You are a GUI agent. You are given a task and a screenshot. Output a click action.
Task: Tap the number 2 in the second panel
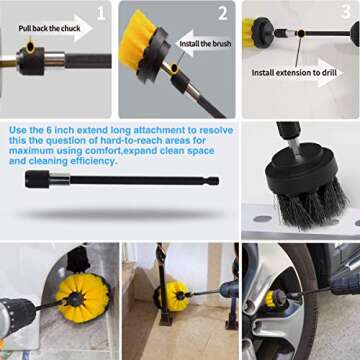(x=221, y=14)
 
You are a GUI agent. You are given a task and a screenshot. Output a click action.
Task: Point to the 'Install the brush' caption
(x=207, y=45)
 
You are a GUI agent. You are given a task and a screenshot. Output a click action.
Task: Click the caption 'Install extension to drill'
(x=293, y=73)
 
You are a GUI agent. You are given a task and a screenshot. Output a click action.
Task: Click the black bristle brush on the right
(x=301, y=189)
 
